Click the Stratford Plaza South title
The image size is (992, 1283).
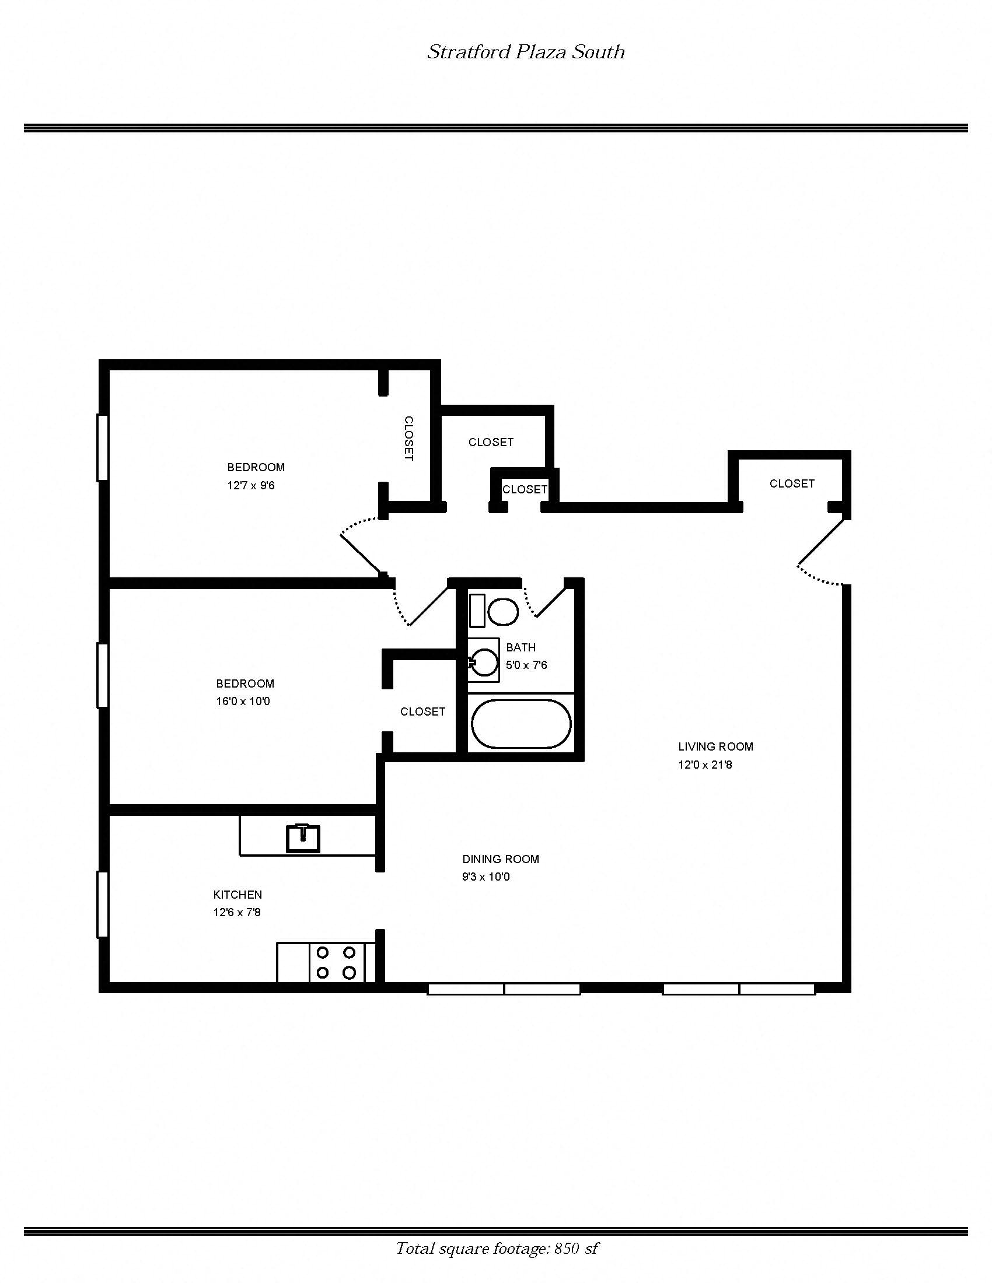pos(525,52)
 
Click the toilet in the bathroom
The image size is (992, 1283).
pos(502,612)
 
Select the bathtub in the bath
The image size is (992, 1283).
pos(520,724)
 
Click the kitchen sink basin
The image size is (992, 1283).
pos(303,838)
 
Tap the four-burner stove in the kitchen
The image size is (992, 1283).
pos(336,962)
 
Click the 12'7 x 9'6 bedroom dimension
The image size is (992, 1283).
pos(251,486)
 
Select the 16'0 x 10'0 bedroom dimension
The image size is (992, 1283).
pos(243,702)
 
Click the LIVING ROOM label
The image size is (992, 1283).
pos(715,746)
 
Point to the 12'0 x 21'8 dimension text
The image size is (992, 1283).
pos(705,765)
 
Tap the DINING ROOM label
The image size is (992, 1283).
pos(500,859)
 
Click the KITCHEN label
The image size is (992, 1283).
pos(237,895)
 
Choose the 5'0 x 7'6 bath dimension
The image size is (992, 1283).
pos(526,665)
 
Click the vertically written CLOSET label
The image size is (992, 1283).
pos(409,438)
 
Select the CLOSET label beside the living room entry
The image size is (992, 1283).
pos(792,483)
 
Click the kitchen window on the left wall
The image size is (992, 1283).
pos(102,904)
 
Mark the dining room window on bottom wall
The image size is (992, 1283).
pos(504,989)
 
